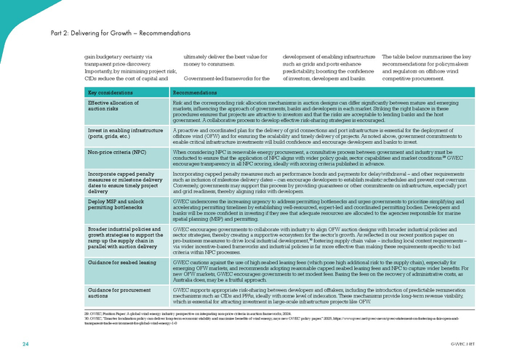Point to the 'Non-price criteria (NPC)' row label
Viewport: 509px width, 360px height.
[x=117, y=152]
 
